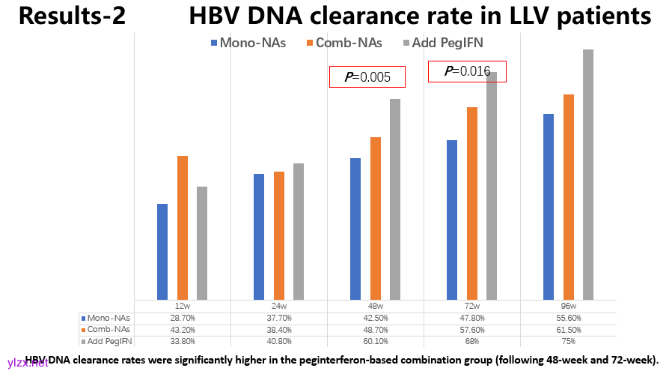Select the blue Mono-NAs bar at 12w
162,252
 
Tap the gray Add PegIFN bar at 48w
395,199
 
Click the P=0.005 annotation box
367,76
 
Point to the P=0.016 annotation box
467,71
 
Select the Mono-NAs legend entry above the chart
248,43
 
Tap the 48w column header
376,307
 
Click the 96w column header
568,307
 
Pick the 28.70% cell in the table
182,318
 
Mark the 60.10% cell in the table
376,341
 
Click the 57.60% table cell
471,330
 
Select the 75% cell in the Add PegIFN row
568,341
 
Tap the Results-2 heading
72,16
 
